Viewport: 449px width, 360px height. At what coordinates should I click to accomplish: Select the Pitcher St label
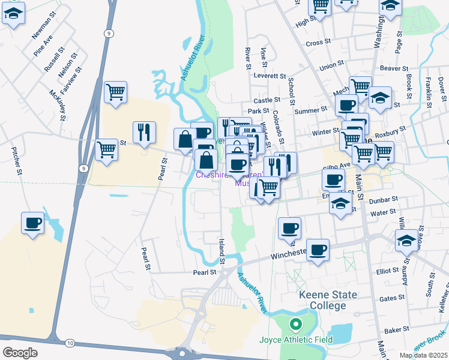(17, 162)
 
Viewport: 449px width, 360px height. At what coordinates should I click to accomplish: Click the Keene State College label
(329, 300)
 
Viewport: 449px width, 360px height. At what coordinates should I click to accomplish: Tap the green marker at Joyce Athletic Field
(295, 326)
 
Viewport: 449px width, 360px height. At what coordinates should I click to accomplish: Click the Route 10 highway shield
(70, 343)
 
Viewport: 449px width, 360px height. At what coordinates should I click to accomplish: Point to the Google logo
(20, 352)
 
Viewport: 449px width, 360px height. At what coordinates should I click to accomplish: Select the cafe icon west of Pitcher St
(33, 223)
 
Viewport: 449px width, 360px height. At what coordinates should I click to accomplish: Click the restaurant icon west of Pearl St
(144, 133)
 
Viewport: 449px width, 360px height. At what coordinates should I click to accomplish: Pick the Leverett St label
(270, 76)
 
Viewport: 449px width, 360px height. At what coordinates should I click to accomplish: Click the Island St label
(221, 251)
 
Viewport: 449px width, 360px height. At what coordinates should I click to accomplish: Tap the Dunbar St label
(387, 199)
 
